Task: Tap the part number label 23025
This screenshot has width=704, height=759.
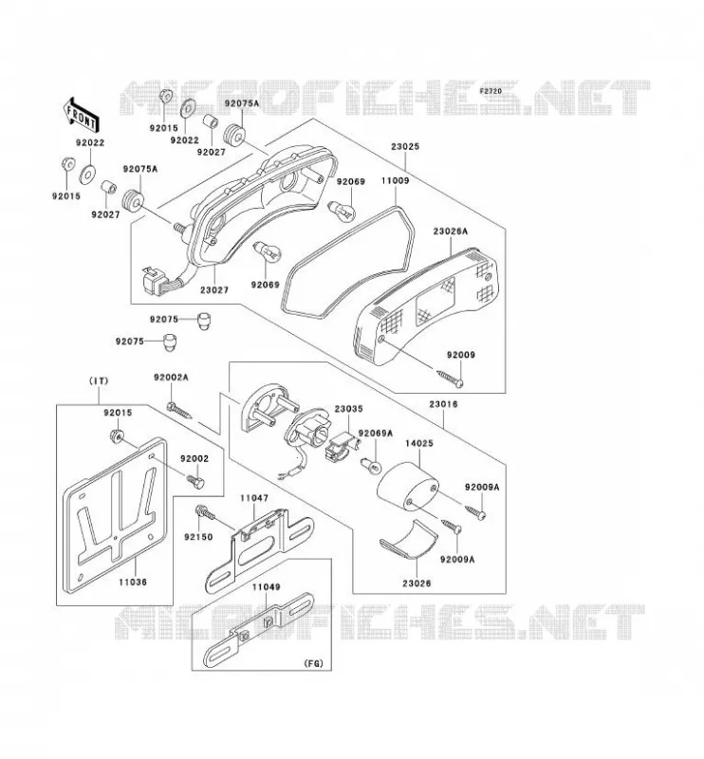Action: coord(405,146)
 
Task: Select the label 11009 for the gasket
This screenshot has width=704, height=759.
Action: coord(395,180)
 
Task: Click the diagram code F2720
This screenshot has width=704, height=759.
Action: coord(491,90)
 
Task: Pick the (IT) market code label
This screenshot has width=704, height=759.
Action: coord(99,381)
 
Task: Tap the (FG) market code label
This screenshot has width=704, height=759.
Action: coord(313,663)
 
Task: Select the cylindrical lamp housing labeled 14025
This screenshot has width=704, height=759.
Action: coord(408,487)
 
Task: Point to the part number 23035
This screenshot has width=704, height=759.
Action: coord(348,409)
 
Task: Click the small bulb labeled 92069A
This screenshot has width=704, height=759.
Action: coord(372,467)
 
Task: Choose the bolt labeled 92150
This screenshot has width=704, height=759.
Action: coord(204,512)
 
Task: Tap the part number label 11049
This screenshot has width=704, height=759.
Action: coord(266,586)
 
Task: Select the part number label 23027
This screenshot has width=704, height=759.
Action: coord(214,290)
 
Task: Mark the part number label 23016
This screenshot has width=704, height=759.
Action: coord(443,404)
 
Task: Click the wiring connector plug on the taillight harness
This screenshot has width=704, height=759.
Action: coord(154,281)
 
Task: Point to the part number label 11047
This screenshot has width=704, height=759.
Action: coord(254,497)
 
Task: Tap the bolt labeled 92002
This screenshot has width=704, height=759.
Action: coord(195,480)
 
